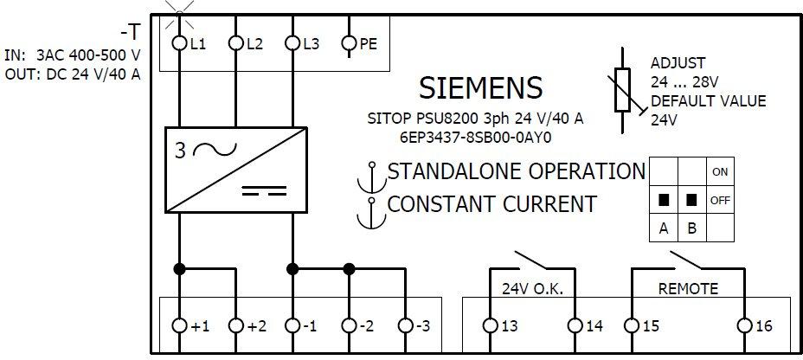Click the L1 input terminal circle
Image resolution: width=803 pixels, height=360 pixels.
pyautogui.click(x=181, y=42)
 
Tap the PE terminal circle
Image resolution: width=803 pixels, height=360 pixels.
pyautogui.click(x=350, y=42)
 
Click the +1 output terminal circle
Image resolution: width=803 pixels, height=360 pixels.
pyautogui.click(x=181, y=326)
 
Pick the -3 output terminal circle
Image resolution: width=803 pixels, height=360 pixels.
pyautogui.click(x=406, y=326)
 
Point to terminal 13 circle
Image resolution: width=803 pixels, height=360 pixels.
pyautogui.click(x=490, y=326)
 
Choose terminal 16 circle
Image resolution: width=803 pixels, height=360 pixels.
pyautogui.click(x=743, y=326)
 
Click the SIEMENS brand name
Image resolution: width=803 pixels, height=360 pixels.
pyautogui.click(x=480, y=87)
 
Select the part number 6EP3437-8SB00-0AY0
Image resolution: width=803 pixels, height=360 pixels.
pyautogui.click(x=476, y=137)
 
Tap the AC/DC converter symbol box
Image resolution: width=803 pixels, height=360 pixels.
pyautogui.click(x=236, y=170)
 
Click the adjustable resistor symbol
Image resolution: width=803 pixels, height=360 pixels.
pyautogui.click(x=623, y=89)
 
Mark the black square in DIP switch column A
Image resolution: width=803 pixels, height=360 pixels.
pyautogui.click(x=664, y=200)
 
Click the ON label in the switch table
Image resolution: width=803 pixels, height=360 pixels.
pyautogui.click(x=720, y=171)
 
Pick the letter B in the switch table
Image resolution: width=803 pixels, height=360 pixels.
pyautogui.click(x=691, y=228)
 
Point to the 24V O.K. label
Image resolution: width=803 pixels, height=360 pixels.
pyautogui.click(x=532, y=288)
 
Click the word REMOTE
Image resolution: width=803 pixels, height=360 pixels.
pyautogui.click(x=688, y=288)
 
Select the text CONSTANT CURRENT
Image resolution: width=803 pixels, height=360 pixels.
pyautogui.click(x=491, y=204)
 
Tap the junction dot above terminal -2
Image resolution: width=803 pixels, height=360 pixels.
pyautogui.click(x=350, y=268)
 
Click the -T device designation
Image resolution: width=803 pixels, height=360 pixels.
pyautogui.click(x=130, y=33)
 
